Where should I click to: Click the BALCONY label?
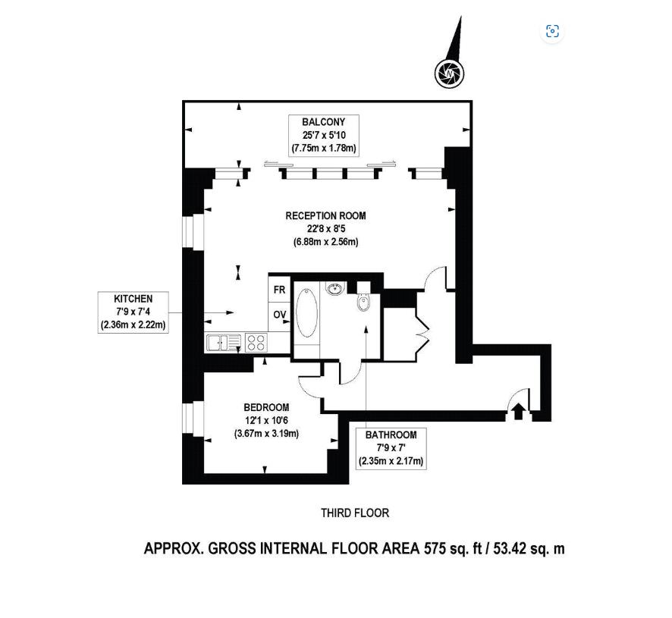[324, 122]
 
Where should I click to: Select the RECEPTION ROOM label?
[325, 215]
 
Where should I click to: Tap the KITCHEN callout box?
[133, 312]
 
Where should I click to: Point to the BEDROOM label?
[266, 407]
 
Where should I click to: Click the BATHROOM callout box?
[391, 448]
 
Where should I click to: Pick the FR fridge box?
[279, 290]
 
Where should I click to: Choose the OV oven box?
[279, 315]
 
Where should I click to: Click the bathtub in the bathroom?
[307, 313]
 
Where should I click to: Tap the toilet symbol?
[363, 300]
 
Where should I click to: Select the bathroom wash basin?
[335, 288]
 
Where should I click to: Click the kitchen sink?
[223, 343]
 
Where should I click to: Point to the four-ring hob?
[256, 343]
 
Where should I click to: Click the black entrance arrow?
[519, 411]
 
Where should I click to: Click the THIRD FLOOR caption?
[355, 513]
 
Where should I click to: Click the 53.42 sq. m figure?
[529, 548]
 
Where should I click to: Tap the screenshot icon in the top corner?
[552, 31]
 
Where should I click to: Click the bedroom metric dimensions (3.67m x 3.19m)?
[266, 433]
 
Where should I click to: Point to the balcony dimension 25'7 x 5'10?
[324, 136]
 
